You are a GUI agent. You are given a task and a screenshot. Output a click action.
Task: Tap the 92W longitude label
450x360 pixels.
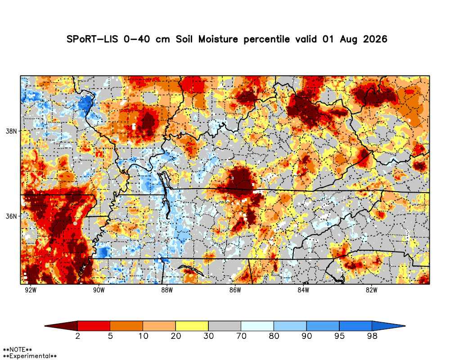(x=31, y=290)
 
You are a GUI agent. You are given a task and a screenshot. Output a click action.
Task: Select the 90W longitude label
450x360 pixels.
(x=99, y=290)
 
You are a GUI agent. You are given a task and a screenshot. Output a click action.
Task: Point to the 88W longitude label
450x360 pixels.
(x=167, y=290)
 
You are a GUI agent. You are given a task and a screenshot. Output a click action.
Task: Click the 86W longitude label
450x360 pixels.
(x=235, y=290)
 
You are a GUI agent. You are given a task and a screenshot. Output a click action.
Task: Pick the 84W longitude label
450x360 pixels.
(x=303, y=290)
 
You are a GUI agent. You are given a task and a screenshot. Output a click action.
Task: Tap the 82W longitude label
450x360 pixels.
(x=371, y=290)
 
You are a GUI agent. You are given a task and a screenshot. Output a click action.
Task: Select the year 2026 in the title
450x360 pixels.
(x=375, y=39)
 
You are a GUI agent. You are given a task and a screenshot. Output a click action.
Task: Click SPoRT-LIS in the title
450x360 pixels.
(x=92, y=39)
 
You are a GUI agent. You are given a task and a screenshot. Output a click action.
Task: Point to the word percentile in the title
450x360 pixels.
(x=266, y=39)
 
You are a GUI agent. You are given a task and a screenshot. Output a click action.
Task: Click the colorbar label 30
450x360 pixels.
(x=209, y=336)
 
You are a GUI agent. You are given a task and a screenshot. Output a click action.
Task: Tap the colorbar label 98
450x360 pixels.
(x=372, y=336)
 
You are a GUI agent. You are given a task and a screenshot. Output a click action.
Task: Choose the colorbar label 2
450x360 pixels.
(x=77, y=336)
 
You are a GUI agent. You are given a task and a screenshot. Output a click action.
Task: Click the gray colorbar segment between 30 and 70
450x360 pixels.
(x=225, y=326)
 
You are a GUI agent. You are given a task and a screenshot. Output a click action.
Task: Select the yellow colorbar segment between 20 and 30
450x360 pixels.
(x=192, y=326)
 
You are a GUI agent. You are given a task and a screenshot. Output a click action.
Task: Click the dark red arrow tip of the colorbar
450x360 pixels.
(x=45, y=326)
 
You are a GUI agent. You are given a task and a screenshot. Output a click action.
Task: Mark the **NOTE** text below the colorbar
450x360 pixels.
(x=17, y=350)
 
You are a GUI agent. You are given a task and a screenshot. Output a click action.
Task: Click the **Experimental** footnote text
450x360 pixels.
(x=30, y=356)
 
